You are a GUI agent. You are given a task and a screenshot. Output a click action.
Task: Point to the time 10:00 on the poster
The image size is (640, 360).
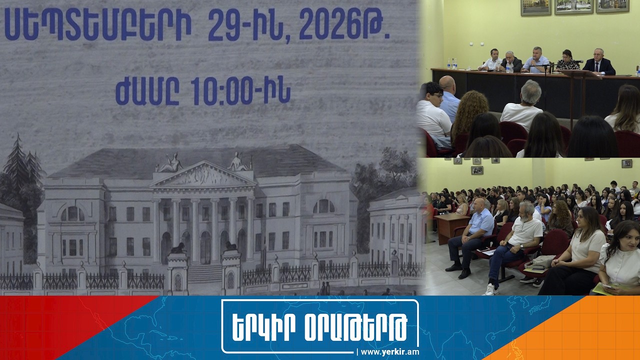pyautogui.click(x=222, y=91)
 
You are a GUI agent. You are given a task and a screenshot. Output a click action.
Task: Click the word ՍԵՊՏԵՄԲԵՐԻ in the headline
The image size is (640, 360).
pyautogui.click(x=97, y=24)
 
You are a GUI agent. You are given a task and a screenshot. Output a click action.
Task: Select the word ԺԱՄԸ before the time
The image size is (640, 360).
pyautogui.click(x=147, y=91)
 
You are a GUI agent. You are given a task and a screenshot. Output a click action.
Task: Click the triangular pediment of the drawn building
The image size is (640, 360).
pyautogui.click(x=203, y=174)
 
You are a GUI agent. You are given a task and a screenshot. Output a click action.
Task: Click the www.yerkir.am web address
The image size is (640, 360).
pyautogui.click(x=389, y=352)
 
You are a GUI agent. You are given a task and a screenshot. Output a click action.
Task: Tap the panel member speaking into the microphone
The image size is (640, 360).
pyautogui.click(x=535, y=60)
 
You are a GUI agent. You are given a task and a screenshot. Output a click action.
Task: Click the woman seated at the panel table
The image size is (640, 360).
pyautogui.click(x=567, y=60)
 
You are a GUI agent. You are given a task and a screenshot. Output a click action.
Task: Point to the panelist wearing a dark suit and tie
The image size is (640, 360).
pyautogui.click(x=599, y=62)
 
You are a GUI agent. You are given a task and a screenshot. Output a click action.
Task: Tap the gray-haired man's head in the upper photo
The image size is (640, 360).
pyautogui.click(x=530, y=92)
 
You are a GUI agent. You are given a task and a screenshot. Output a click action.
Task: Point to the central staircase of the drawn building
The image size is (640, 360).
pyautogui.click(x=204, y=272)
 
